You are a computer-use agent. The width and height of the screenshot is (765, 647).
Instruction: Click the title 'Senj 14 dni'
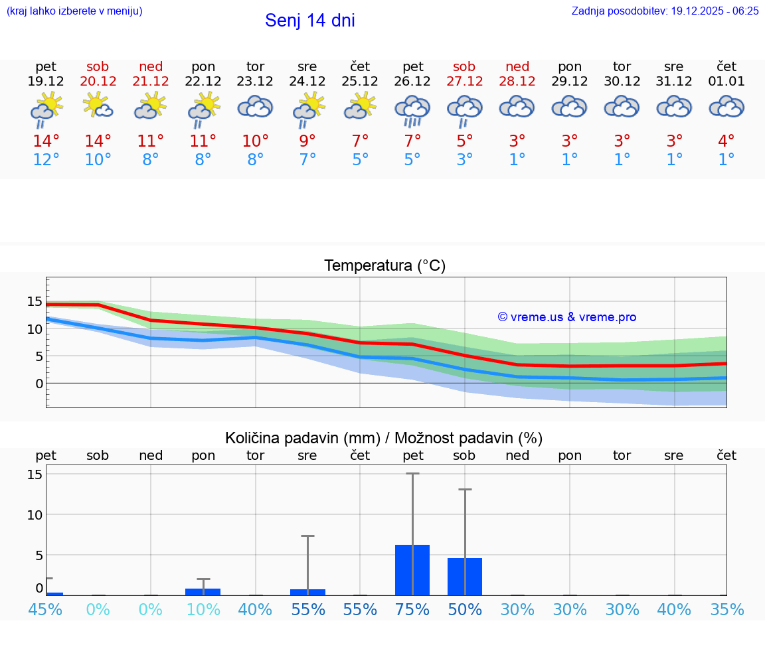click(309, 21)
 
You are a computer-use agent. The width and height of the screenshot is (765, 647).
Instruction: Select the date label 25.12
click(360, 82)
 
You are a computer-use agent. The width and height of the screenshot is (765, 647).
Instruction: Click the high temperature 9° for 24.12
click(307, 141)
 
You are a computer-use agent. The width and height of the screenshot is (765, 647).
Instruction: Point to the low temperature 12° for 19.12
click(46, 160)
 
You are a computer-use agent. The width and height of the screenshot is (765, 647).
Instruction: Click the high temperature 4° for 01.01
click(726, 141)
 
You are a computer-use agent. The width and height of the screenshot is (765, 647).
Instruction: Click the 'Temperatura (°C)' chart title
click(384, 266)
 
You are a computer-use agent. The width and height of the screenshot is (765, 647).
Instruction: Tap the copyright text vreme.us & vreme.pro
click(566, 317)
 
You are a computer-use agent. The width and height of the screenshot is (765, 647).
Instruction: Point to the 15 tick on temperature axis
click(35, 302)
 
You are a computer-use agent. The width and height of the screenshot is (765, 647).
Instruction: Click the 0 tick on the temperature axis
click(39, 384)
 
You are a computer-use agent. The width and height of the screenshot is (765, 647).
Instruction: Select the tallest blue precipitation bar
click(412, 570)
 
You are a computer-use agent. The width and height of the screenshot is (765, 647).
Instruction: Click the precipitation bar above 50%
click(465, 577)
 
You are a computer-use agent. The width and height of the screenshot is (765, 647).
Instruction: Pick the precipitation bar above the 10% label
click(203, 591)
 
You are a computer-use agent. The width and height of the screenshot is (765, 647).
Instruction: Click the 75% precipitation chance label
click(412, 610)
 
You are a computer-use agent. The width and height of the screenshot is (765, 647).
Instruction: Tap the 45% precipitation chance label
click(46, 610)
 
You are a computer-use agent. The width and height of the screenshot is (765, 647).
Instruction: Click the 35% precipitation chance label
click(726, 610)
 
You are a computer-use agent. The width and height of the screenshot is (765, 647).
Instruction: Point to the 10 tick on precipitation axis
click(35, 515)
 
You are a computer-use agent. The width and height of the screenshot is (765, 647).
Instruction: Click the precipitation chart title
click(384, 438)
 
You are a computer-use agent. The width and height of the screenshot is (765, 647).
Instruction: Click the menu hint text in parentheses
click(74, 11)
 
